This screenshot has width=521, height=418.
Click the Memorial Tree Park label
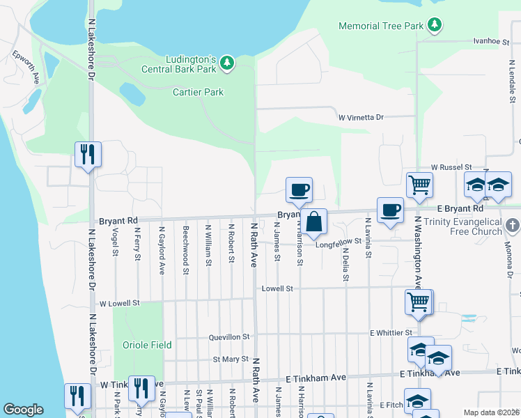[380, 26]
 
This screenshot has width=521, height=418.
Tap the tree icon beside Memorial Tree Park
[435, 26]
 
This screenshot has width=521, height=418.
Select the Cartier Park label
[198, 92]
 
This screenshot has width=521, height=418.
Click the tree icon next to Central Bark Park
[226, 63]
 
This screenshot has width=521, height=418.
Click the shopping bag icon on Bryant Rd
[314, 222]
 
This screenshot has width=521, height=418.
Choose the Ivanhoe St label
[487, 42]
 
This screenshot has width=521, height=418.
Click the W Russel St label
[451, 168]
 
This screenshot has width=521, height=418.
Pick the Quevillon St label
[228, 337]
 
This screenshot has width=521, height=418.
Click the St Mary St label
[231, 359]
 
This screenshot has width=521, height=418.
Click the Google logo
[24, 410]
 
